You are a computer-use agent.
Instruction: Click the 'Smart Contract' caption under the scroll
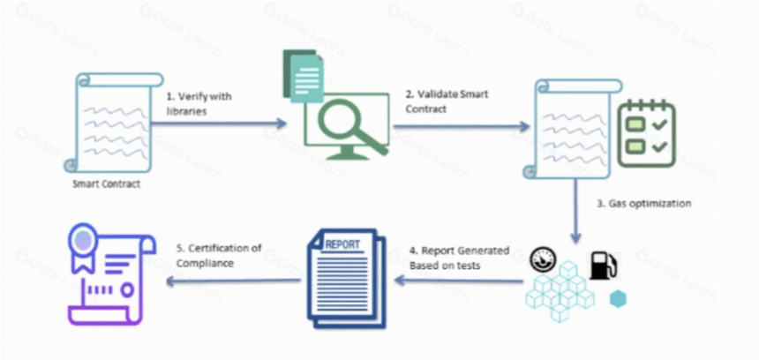click(x=107, y=184)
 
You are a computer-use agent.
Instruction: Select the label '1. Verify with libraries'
click(x=199, y=103)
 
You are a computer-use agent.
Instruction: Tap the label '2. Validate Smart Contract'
click(x=447, y=101)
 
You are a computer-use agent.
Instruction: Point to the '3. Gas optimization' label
click(x=643, y=203)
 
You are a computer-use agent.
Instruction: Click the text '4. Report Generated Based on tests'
click(x=459, y=258)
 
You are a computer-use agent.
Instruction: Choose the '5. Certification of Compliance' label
click(x=218, y=256)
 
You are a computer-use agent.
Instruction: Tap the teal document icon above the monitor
click(x=304, y=76)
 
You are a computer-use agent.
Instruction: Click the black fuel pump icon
click(x=603, y=265)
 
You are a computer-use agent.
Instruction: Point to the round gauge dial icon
click(x=543, y=260)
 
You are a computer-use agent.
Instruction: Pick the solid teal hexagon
click(x=618, y=299)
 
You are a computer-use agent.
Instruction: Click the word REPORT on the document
click(x=342, y=244)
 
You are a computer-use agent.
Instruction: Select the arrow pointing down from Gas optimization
click(x=575, y=211)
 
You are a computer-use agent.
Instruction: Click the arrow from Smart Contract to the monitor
click(x=219, y=124)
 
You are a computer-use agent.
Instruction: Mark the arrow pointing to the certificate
click(x=233, y=281)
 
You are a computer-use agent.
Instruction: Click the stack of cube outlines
click(x=559, y=291)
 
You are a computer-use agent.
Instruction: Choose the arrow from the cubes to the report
click(x=459, y=281)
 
